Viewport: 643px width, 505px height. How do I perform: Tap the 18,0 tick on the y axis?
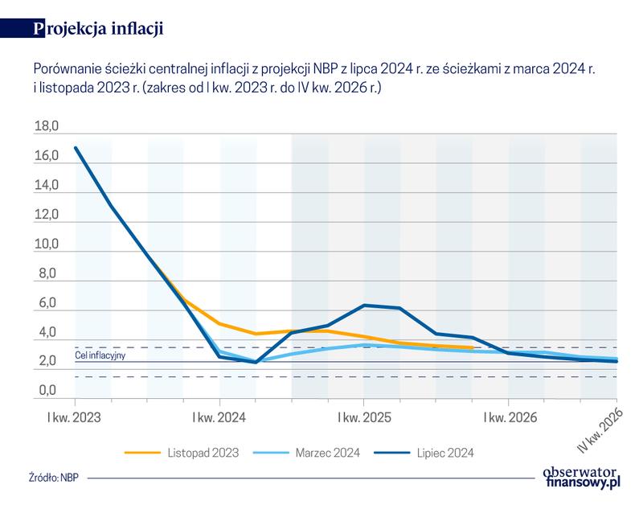(x=47, y=127)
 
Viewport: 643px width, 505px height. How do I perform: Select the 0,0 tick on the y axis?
(x=47, y=392)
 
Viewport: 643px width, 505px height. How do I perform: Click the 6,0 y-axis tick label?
(x=47, y=304)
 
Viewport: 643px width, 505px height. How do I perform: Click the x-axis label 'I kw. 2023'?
(x=75, y=418)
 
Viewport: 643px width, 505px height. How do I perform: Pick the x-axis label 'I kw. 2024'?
(x=219, y=418)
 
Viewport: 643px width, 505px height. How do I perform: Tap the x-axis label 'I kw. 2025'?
(x=364, y=418)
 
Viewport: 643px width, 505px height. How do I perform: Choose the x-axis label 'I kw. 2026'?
(x=508, y=418)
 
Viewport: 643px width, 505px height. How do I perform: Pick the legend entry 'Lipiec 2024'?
(x=446, y=454)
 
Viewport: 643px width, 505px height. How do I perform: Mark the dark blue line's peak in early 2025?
(x=365, y=305)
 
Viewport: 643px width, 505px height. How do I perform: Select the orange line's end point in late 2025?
(x=473, y=348)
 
